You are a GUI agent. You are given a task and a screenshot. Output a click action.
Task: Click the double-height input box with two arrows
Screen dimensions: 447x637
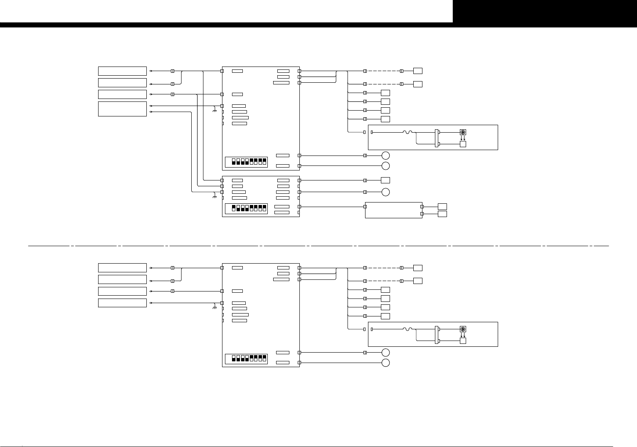tap(122, 109)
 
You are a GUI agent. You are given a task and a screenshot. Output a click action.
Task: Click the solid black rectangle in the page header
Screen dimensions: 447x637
tap(545, 11)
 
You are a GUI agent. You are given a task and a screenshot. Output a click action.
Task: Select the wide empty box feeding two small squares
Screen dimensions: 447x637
tap(393, 210)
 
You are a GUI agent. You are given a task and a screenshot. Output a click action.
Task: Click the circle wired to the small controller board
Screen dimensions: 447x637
tap(385, 192)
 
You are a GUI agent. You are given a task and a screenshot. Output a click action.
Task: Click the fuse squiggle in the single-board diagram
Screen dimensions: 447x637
tap(407, 329)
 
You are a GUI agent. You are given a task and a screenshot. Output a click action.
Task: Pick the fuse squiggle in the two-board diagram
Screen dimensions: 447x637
tap(407, 132)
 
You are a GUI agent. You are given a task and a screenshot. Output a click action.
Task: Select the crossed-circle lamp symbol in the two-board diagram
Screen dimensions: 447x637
tap(463, 132)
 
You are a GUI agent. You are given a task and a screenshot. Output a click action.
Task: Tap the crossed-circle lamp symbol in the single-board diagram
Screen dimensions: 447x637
tap(463, 329)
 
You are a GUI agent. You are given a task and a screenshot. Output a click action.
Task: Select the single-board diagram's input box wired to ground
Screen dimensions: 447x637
tap(122, 303)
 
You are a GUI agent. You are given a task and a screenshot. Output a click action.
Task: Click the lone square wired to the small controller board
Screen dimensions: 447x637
tap(385, 180)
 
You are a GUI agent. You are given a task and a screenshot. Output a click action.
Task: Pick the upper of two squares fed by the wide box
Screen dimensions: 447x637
tap(442, 207)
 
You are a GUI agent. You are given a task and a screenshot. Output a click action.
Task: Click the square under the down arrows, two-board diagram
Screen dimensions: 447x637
tap(463, 144)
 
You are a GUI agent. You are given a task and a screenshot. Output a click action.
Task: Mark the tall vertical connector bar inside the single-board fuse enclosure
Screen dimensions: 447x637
tap(436, 335)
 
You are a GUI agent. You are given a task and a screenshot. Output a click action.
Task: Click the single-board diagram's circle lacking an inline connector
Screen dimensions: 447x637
tap(385, 363)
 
